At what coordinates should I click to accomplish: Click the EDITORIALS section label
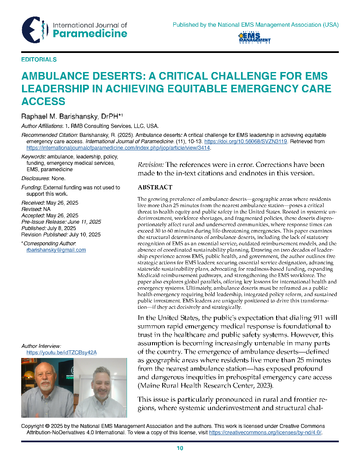39,60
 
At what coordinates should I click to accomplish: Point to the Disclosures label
35,178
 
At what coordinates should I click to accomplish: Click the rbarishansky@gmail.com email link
56,250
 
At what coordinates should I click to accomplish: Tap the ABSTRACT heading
155,187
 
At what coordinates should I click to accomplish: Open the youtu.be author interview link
61,352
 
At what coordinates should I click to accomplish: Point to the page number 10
180,449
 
